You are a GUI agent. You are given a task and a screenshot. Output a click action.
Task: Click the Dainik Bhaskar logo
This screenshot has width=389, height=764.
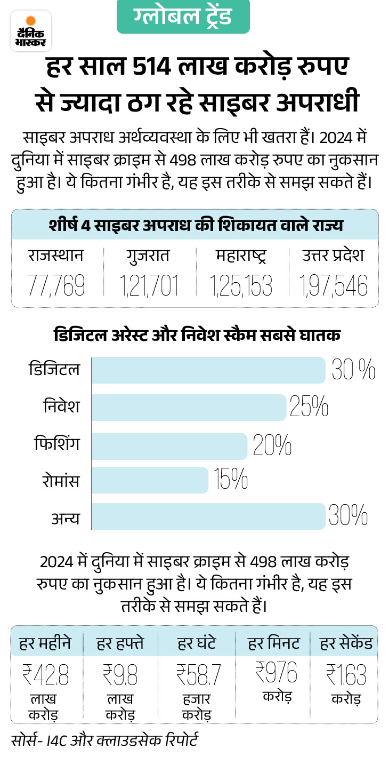coord(31,31)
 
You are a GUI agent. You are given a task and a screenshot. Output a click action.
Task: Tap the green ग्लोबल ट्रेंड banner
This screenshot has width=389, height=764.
coord(183,17)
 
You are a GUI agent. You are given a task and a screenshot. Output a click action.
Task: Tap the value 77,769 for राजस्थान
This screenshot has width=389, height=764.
coord(56,286)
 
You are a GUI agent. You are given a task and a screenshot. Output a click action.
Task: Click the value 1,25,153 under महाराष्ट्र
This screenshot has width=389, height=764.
coord(241,286)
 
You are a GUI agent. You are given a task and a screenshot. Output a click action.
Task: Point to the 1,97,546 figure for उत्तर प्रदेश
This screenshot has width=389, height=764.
coord(334,286)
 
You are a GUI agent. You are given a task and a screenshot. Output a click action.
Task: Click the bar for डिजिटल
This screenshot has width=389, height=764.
coord(208,370)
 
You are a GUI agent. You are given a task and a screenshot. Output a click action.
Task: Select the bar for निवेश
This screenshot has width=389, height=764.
coord(189,407)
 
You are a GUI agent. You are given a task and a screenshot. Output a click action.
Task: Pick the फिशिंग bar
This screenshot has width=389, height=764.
coord(169,444)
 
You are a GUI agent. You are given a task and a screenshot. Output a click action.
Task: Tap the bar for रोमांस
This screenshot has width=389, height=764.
coord(150,480)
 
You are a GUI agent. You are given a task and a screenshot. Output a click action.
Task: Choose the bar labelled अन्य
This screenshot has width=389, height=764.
coord(208,516)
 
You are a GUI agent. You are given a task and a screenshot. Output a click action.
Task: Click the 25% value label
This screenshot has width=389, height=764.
coord(309,407)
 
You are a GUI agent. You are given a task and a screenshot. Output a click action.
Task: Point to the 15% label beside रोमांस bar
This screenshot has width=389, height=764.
coord(231,480)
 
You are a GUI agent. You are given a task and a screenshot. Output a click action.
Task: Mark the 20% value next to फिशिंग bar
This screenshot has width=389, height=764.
coord(272,444)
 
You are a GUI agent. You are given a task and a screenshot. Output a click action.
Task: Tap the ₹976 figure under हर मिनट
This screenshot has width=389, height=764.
coord(275,672)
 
